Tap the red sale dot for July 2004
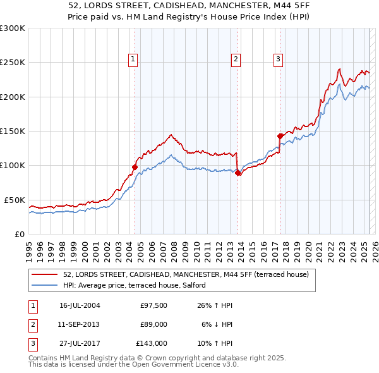(135, 167)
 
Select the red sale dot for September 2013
(237, 173)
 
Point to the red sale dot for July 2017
(280, 135)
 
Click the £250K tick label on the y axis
(12, 63)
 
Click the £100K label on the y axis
(12, 166)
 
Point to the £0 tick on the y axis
(19, 234)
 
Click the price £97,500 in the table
(153, 306)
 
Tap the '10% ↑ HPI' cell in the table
(217, 343)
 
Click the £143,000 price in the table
(152, 343)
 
